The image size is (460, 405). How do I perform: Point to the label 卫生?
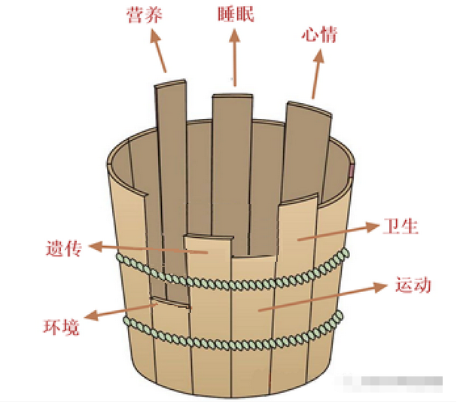(x=401, y=226)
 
